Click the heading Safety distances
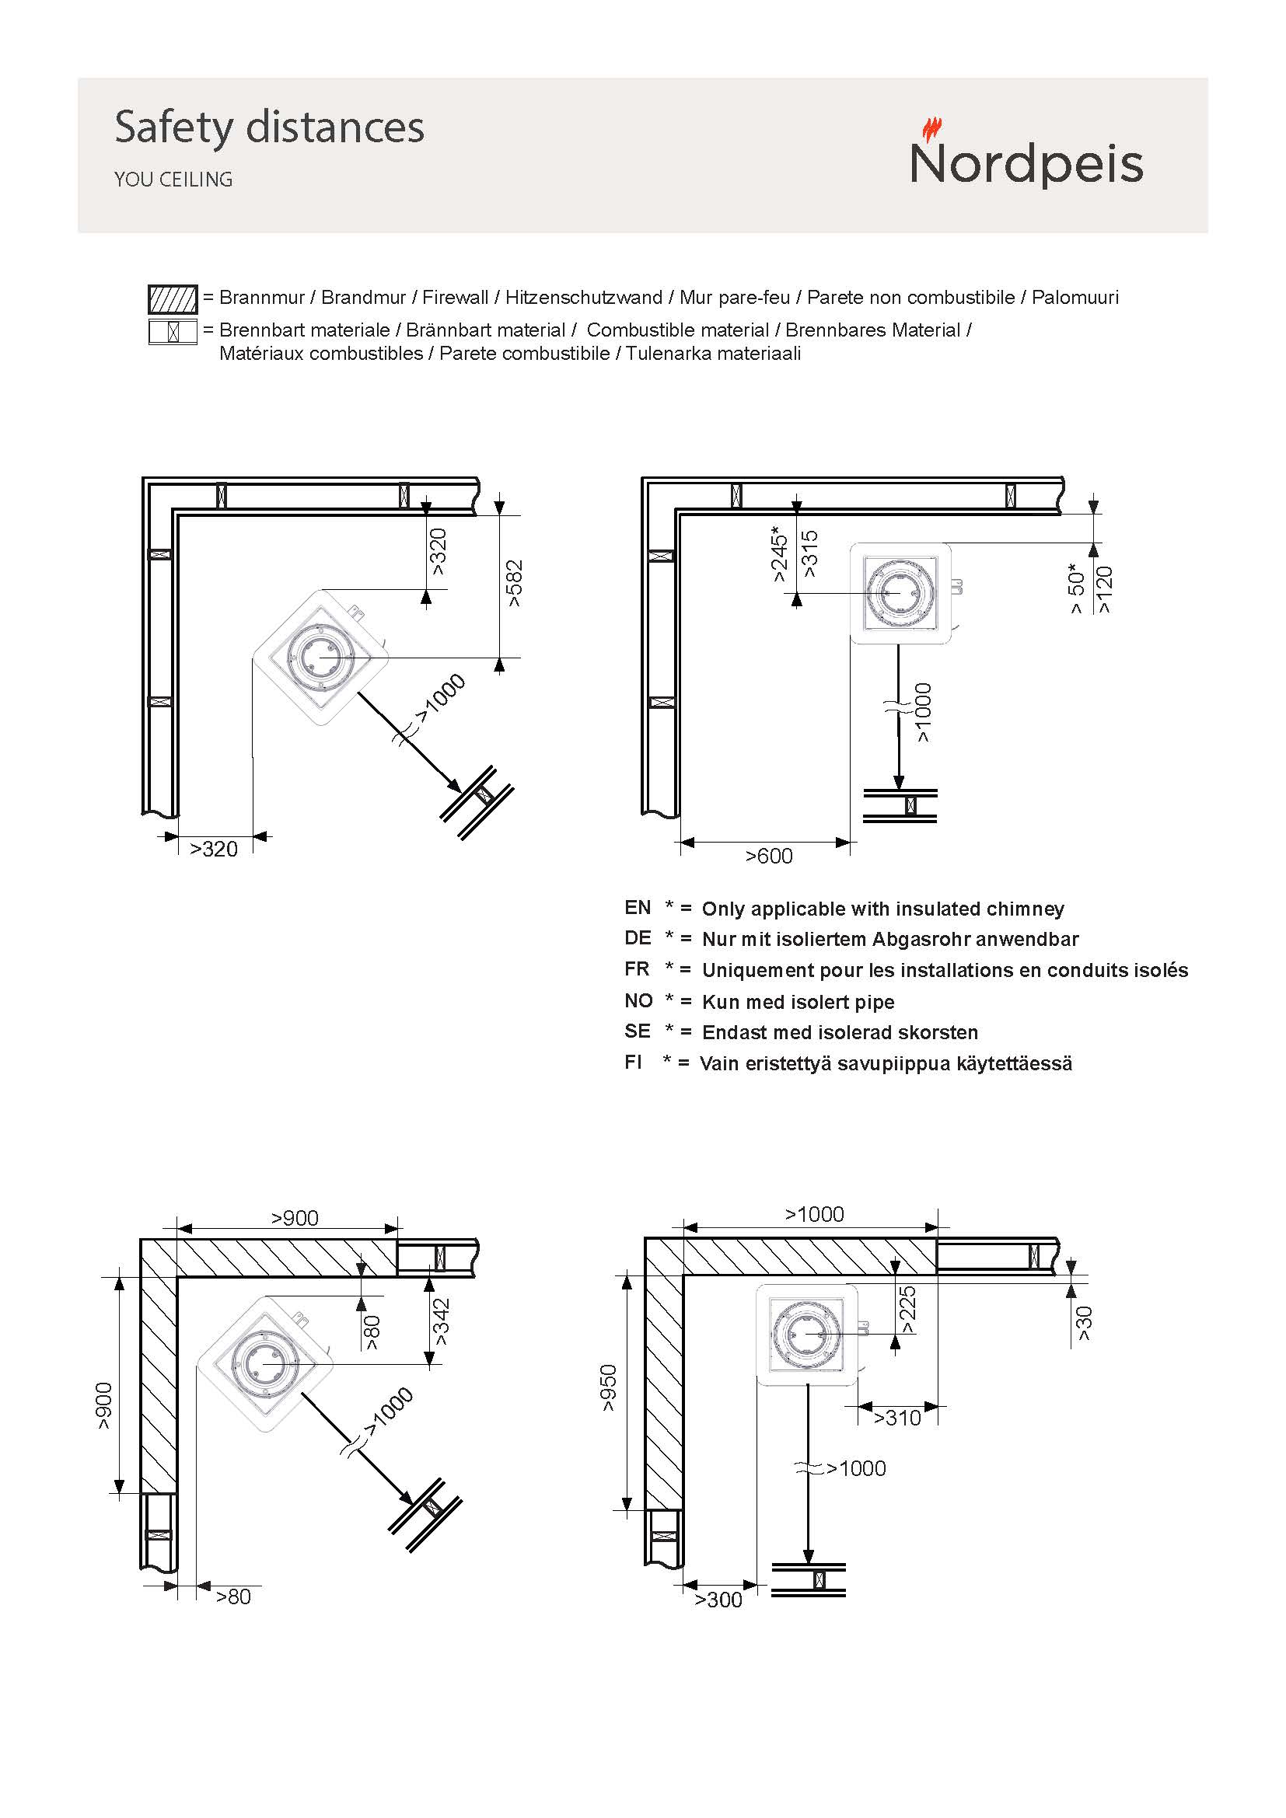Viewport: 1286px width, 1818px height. click(269, 127)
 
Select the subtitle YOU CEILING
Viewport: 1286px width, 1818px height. click(173, 180)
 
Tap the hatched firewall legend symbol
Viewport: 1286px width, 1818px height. click(173, 299)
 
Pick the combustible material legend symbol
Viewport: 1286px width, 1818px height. click(173, 331)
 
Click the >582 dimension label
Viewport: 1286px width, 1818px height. click(515, 584)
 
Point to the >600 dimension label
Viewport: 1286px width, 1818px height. click(768, 856)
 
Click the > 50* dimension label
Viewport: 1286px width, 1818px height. click(1076, 588)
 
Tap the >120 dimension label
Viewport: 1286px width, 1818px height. click(1104, 590)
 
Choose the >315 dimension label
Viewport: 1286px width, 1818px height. click(809, 554)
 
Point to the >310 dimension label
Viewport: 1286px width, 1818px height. click(896, 1418)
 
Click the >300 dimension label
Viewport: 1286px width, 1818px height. click(718, 1600)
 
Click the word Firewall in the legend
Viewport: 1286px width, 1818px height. click(455, 298)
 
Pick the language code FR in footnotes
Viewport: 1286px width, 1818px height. click(637, 969)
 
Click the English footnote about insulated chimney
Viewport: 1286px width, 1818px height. click(882, 909)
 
